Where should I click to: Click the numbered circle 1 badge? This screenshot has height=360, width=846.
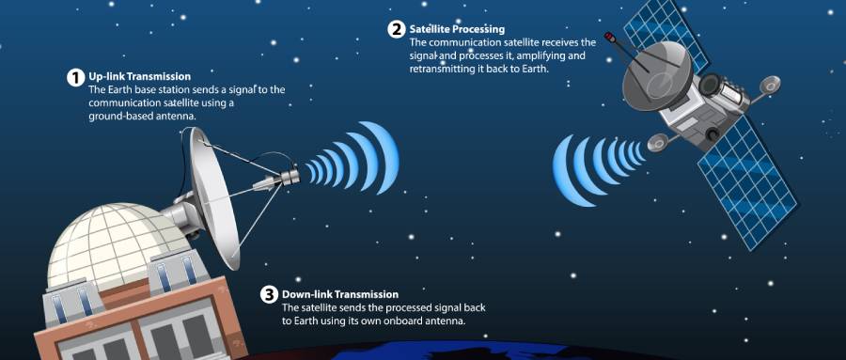tap(75, 77)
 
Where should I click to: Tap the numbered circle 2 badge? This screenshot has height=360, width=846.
tap(397, 29)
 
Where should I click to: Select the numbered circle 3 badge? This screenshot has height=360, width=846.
tap(269, 295)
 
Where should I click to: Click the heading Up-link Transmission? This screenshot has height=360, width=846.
tap(139, 77)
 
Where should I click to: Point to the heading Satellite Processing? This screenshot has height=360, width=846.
tap(457, 29)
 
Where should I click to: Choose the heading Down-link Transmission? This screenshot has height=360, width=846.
tap(340, 295)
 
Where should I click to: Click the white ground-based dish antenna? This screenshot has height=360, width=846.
tap(213, 197)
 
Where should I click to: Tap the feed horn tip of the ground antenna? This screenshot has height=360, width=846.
tap(292, 175)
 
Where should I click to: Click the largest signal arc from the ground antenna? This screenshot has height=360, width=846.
tap(384, 157)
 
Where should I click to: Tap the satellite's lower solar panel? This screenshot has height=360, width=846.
tap(748, 180)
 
